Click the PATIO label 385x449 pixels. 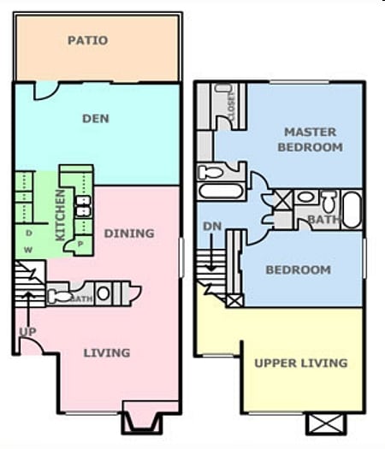(87, 40)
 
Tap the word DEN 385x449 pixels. (95, 118)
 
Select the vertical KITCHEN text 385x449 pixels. (61, 215)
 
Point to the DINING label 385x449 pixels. (129, 233)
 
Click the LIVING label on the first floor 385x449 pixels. (107, 352)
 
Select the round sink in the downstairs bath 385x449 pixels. (104, 293)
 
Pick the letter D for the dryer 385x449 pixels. (29, 232)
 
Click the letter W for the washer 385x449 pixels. (29, 250)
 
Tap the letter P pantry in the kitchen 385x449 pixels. (80, 242)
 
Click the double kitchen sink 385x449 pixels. (83, 206)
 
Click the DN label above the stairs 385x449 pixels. (211, 226)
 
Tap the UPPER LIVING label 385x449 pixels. (301, 363)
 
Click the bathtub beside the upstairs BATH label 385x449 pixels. (352, 209)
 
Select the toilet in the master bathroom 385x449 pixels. (328, 203)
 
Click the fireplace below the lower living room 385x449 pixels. (139, 422)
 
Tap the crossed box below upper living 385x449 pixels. (325, 422)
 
